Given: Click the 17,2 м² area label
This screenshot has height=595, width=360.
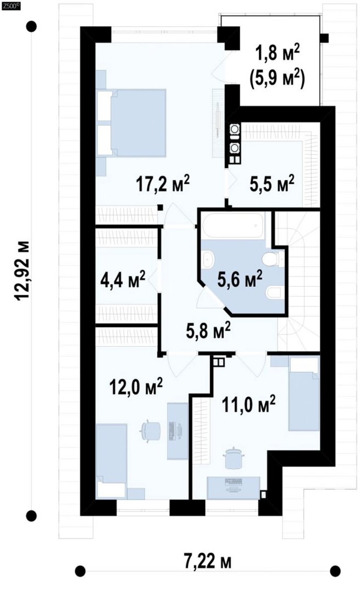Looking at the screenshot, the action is pyautogui.click(x=163, y=185).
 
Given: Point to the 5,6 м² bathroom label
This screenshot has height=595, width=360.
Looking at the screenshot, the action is pyautogui.click(x=240, y=280).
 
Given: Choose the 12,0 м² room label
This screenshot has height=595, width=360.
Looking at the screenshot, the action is pyautogui.click(x=136, y=387).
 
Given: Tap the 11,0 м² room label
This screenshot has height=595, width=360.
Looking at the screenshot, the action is pyautogui.click(x=248, y=404).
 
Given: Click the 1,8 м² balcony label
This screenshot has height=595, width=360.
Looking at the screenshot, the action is pyautogui.click(x=277, y=54).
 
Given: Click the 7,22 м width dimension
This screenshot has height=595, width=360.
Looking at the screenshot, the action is pyautogui.click(x=208, y=561).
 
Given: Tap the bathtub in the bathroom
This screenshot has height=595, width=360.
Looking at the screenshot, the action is pyautogui.click(x=233, y=226).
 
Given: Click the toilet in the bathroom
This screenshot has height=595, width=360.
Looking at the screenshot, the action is pyautogui.click(x=273, y=259).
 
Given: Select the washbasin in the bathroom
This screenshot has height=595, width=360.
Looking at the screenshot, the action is pyautogui.click(x=208, y=259).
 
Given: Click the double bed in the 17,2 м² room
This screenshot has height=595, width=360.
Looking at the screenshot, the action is pyautogui.click(x=132, y=123).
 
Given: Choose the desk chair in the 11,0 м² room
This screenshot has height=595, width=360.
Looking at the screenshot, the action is pyautogui.click(x=232, y=458).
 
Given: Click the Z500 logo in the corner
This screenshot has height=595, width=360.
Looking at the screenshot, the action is pyautogui.click(x=10, y=5).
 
